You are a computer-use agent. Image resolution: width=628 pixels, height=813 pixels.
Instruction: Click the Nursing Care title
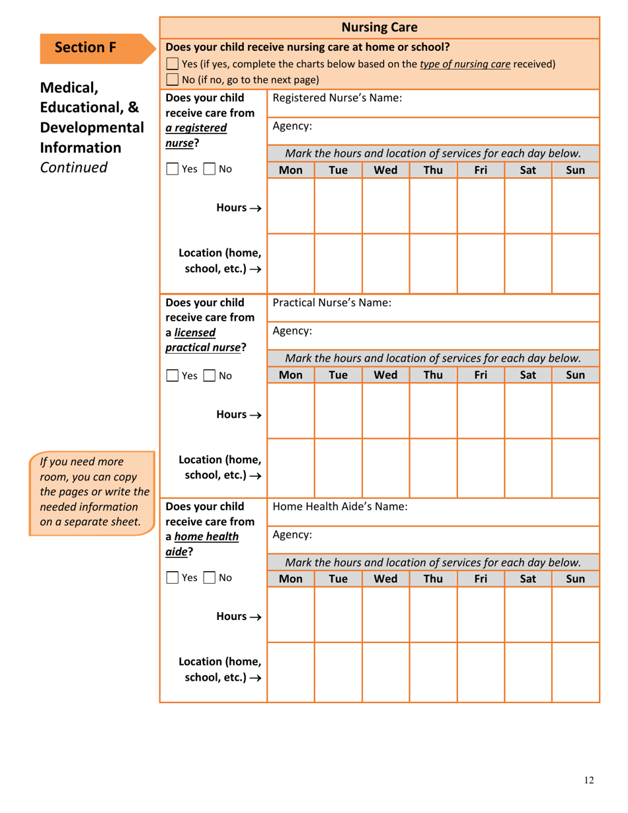tap(379, 27)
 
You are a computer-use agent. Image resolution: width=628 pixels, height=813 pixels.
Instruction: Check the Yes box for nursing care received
tap(173, 64)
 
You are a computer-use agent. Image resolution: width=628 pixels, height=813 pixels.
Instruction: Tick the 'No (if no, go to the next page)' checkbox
tap(173, 81)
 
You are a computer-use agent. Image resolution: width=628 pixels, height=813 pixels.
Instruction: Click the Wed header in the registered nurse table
tap(385, 169)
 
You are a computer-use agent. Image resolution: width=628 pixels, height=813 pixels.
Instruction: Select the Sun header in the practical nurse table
tap(576, 376)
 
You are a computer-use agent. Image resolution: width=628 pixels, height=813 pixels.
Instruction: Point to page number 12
tap(589, 781)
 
